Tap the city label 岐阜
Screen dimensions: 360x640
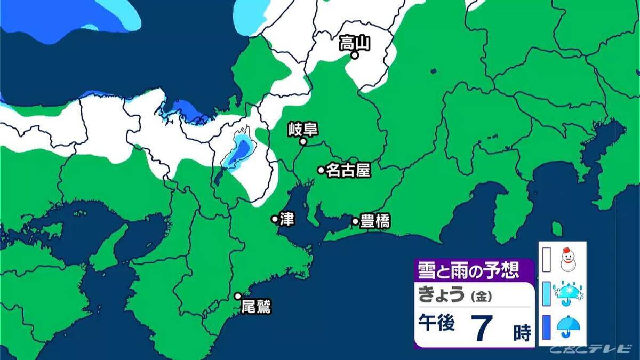click(x=302, y=129)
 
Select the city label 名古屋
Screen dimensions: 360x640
click(x=348, y=170)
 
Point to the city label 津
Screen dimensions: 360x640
click(x=287, y=220)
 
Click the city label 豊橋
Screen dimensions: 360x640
click(x=375, y=221)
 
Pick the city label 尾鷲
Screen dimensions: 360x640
click(x=256, y=307)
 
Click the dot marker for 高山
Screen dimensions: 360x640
click(x=354, y=54)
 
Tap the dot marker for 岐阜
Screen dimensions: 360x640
click(x=302, y=142)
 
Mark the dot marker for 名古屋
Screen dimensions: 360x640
click(x=321, y=170)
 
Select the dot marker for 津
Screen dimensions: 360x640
click(x=275, y=219)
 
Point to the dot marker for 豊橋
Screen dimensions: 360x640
click(x=355, y=221)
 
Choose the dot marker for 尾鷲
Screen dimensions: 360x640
click(x=238, y=296)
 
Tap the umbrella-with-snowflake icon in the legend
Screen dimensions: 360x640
click(x=569, y=293)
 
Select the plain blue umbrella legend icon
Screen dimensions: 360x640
click(x=569, y=326)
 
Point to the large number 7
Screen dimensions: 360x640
click(x=482, y=328)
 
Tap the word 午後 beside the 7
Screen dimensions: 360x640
click(x=436, y=325)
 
